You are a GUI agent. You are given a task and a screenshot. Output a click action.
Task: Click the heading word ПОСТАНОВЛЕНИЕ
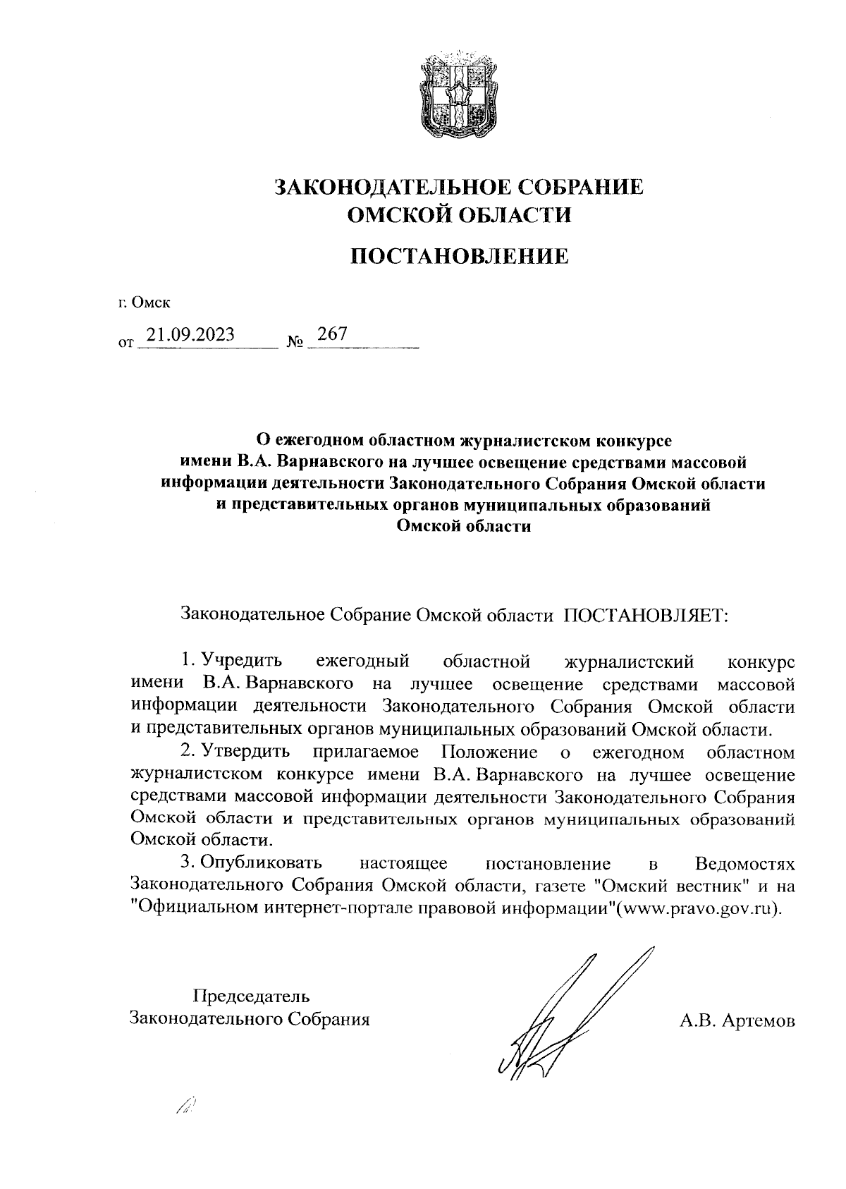460,256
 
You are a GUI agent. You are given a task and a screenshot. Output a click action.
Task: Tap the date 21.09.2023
188,334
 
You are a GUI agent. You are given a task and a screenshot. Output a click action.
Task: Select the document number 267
332,334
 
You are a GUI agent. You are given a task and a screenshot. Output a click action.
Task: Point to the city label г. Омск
145,304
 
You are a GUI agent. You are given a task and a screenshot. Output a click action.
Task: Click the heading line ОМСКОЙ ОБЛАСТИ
460,214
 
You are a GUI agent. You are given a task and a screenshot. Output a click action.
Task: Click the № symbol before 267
295,343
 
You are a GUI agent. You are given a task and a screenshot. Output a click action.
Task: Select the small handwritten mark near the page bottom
186,1108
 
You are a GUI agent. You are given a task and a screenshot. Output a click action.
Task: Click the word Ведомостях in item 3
744,863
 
